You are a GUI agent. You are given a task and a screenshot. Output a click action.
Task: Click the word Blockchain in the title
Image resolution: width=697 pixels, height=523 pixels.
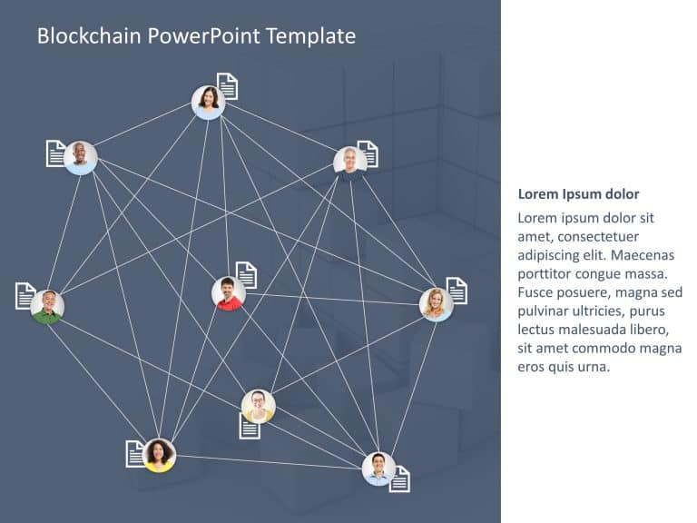89,35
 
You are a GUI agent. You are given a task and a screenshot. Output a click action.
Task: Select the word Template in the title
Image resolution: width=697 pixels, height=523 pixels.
310,36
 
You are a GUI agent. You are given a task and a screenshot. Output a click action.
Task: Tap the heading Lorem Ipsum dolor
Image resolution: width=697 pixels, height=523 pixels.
578,194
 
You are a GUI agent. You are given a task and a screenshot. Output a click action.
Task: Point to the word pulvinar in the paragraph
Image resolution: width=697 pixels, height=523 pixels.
543,311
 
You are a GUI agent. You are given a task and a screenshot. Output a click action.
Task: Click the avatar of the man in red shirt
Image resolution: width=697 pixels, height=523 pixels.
229,293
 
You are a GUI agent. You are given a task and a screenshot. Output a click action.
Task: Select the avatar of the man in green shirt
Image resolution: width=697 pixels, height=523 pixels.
47,307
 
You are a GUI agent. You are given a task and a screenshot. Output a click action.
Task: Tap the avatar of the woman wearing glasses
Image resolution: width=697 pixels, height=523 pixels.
259,407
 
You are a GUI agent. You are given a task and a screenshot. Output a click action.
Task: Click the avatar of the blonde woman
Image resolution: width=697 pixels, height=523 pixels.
436,305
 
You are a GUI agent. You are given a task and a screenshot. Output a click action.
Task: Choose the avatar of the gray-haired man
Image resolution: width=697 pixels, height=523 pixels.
350,163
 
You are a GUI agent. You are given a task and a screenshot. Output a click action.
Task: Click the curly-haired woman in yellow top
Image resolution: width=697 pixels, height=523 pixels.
159,456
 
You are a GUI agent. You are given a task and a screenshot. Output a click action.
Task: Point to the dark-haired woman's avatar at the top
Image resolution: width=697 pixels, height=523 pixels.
208,103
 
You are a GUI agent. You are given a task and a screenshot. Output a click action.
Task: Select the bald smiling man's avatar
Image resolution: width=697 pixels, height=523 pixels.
81,158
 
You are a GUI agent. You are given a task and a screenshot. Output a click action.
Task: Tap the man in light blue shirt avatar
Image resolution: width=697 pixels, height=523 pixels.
378,469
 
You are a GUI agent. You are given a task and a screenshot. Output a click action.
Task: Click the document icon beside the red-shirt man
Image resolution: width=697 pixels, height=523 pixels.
246,275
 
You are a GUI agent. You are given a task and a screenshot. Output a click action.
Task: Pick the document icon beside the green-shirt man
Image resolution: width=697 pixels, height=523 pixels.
25,296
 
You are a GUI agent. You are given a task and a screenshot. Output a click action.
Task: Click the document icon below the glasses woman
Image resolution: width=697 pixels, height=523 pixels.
250,427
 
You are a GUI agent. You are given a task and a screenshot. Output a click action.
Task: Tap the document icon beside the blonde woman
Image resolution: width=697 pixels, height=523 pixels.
457,291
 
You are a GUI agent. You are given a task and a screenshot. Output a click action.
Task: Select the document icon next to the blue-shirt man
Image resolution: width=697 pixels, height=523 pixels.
399,479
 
